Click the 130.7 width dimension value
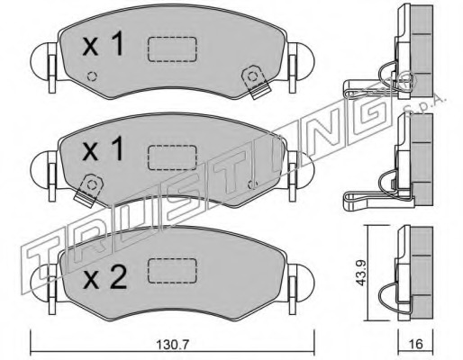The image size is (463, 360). coord(172,345)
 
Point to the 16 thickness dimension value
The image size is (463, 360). coord(415,344)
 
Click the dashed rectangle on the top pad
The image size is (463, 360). coord(172,49)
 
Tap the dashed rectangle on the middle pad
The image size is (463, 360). coord(172,157)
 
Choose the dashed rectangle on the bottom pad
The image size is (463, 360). coord(172,270)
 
